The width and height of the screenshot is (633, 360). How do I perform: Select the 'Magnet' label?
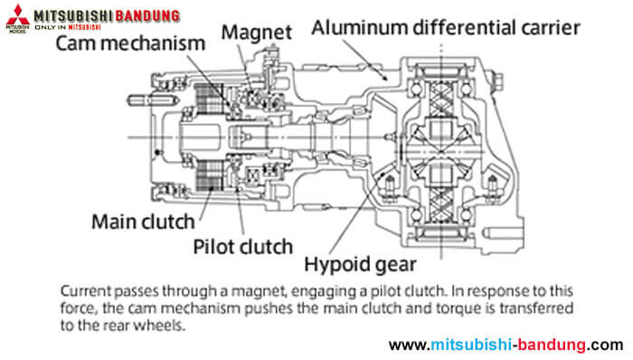tap(260, 33)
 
